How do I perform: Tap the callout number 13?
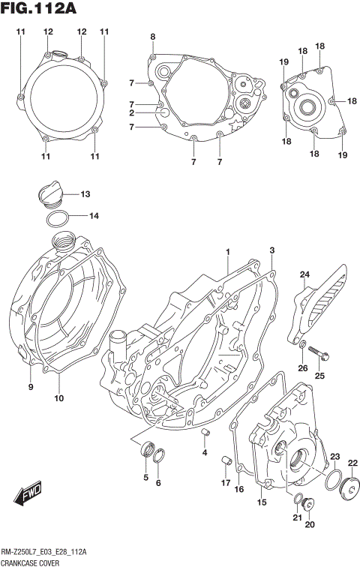click(x=85, y=194)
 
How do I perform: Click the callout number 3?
click(x=272, y=250)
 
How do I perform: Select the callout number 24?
click(x=304, y=274)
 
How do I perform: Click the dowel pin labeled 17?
click(x=224, y=459)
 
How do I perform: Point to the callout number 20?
click(x=310, y=525)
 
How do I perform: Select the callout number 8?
click(x=153, y=37)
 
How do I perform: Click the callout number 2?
click(x=130, y=113)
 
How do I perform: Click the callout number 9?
click(x=31, y=387)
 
